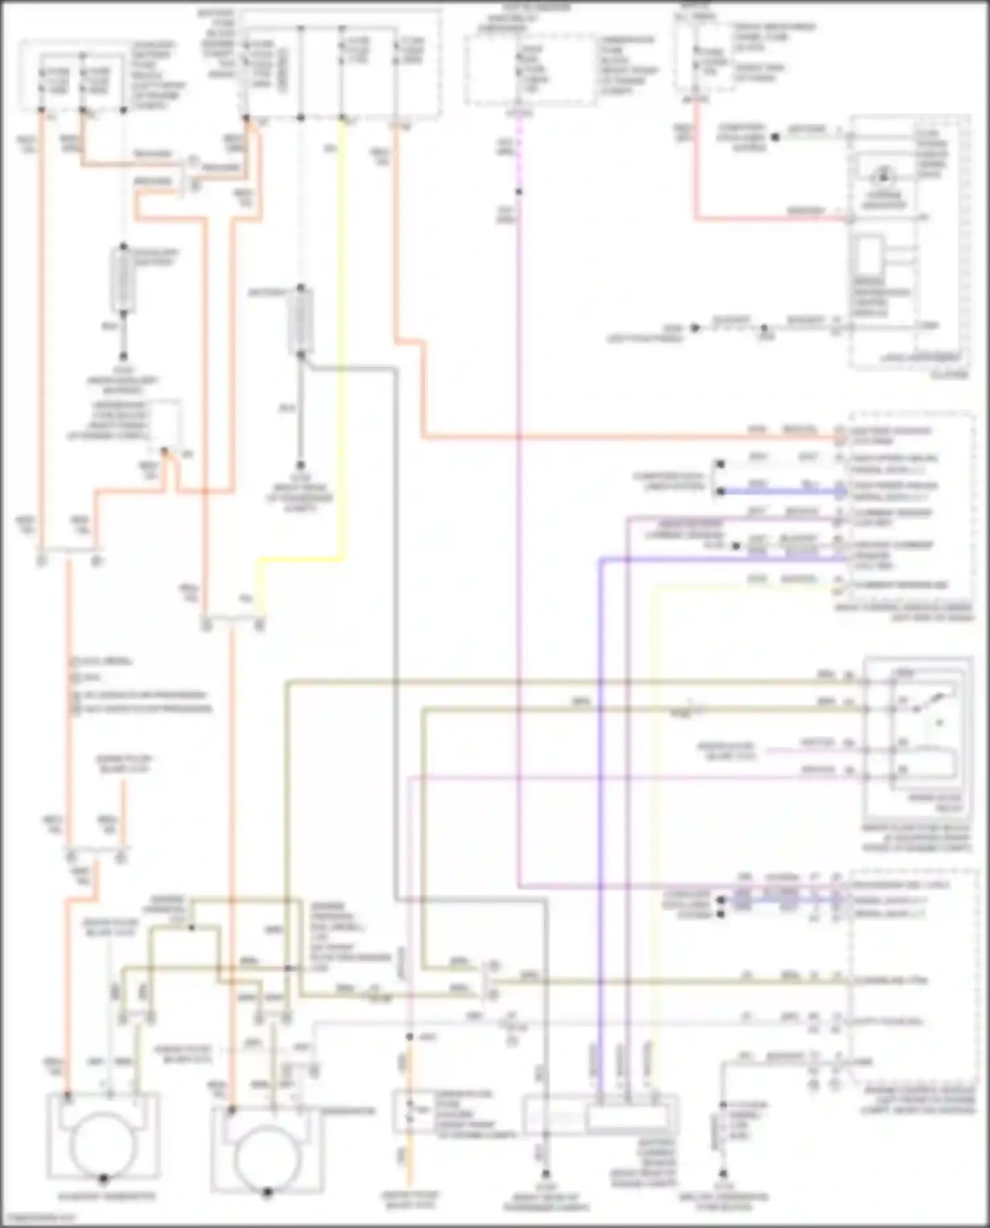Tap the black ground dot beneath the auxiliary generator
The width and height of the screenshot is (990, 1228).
click(104, 1178)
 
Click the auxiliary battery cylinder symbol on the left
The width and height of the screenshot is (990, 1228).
click(123, 280)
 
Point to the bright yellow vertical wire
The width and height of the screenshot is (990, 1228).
click(343, 330)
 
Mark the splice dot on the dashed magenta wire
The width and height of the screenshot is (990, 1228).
click(519, 192)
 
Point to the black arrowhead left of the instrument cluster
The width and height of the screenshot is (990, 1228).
click(694, 328)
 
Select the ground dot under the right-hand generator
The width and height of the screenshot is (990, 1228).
click(267, 1192)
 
